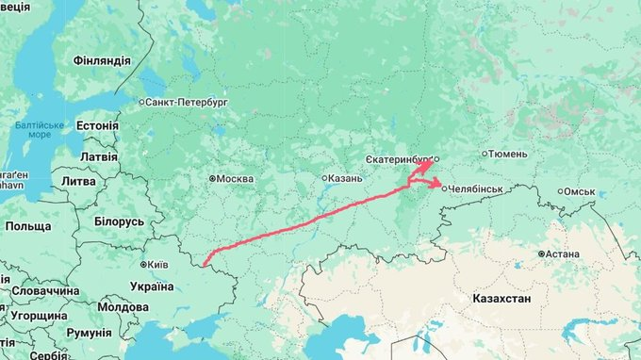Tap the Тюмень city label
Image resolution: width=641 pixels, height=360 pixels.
(510, 154)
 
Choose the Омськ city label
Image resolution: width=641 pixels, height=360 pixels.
(580, 191)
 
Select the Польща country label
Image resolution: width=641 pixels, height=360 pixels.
(28, 227)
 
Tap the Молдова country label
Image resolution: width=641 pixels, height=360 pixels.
(123, 307)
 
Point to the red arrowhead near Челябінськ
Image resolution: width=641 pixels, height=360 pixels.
(440, 186)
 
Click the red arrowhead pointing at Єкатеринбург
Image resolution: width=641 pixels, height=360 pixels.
(427, 163)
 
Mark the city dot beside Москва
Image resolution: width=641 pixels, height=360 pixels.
(213, 178)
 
